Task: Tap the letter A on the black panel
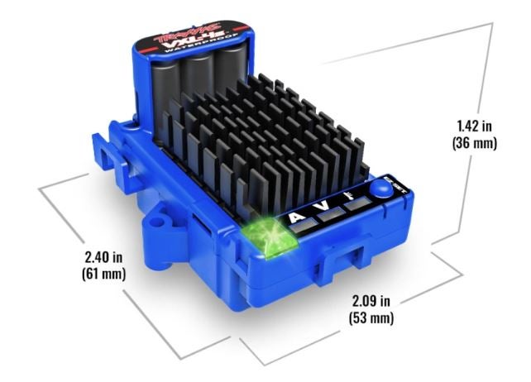click(297, 216)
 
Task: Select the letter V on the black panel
click(323, 206)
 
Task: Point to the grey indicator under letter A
click(304, 226)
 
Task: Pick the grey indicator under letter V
click(331, 215)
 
